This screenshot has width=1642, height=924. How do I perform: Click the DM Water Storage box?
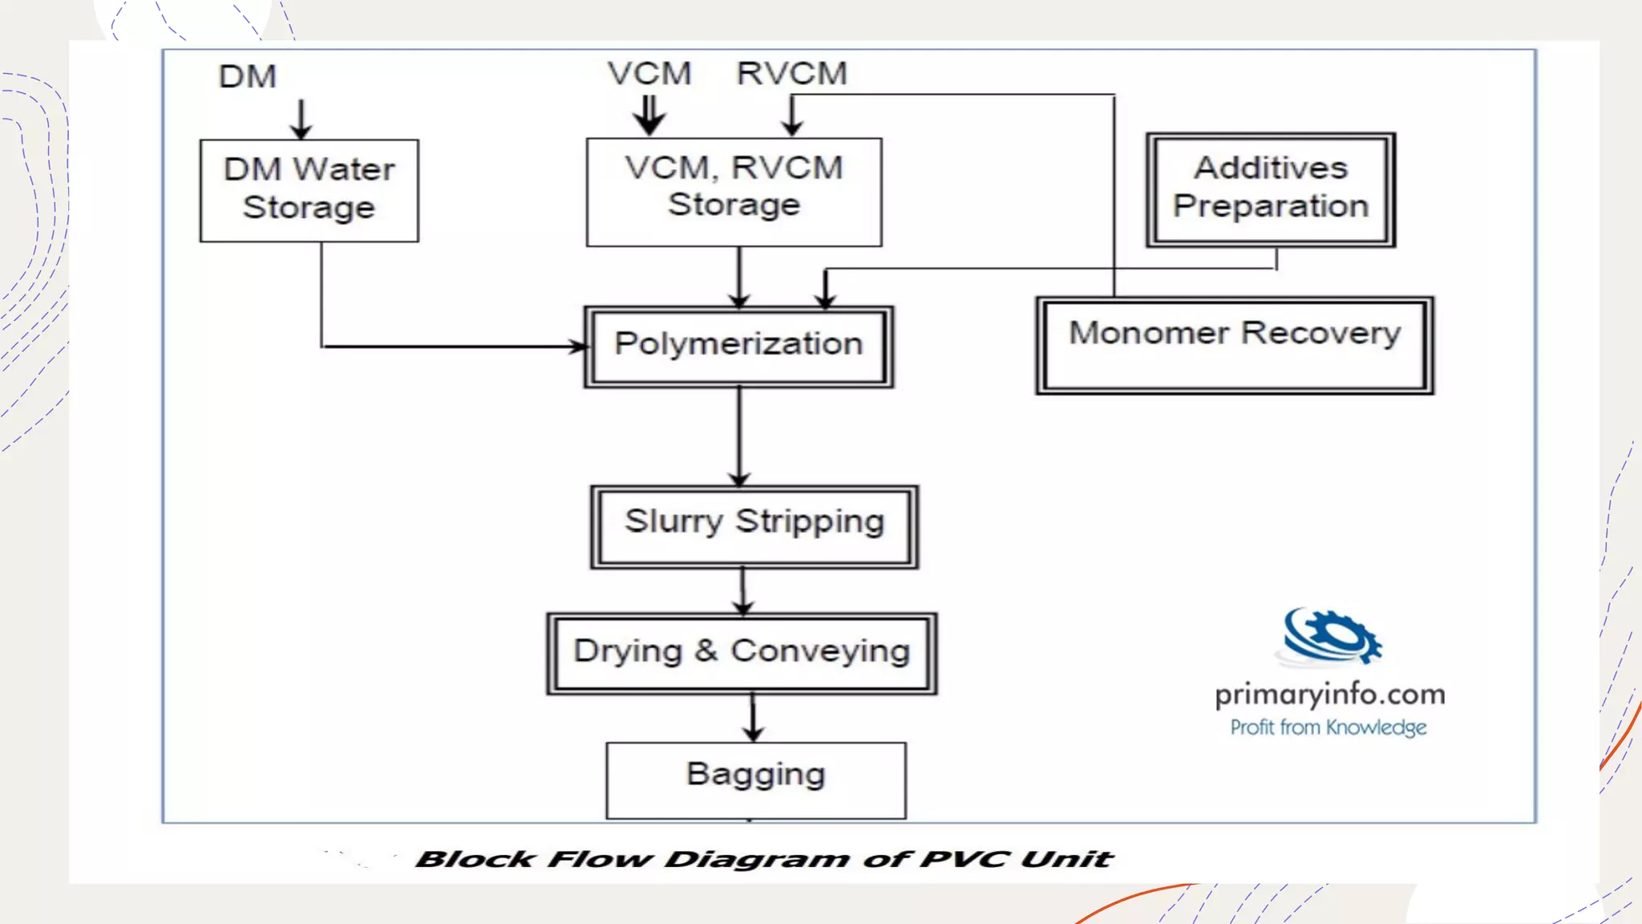[x=309, y=190]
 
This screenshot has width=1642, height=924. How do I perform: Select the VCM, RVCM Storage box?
[x=734, y=192]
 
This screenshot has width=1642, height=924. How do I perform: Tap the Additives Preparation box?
[x=1271, y=189]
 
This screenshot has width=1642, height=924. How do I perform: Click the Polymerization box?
[x=738, y=346]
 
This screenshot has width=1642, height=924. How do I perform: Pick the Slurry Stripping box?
[x=754, y=526]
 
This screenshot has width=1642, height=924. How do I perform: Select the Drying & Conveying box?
[x=742, y=653]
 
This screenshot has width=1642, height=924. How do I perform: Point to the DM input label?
[x=248, y=77]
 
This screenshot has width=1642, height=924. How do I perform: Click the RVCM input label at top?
[x=792, y=74]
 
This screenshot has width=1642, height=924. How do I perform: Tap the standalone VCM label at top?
[x=649, y=74]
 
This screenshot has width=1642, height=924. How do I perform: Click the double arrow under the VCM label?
[x=649, y=116]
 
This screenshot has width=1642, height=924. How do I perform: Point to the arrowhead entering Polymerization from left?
[x=579, y=346]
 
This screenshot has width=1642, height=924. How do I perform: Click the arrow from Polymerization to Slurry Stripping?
[x=739, y=437]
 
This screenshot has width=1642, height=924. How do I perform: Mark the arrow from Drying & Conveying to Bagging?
[x=753, y=718]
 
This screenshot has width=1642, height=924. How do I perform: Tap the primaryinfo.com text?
[x=1330, y=695]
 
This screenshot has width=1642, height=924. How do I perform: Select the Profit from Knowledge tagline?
[x=1329, y=727]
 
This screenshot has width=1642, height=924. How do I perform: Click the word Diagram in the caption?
[x=757, y=860]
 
